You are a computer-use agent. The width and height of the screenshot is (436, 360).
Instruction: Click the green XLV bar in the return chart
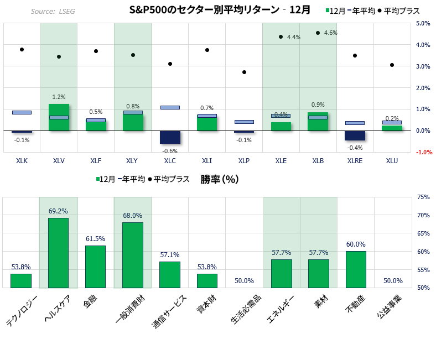(x=59, y=117)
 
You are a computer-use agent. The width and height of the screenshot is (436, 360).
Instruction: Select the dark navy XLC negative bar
(x=170, y=137)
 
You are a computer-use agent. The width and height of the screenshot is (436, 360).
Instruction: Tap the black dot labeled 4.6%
(x=318, y=33)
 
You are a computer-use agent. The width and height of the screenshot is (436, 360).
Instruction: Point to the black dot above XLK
(x=22, y=49)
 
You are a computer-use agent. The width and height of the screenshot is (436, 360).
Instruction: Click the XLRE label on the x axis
(x=355, y=161)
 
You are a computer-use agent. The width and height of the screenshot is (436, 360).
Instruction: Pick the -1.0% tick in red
(x=424, y=152)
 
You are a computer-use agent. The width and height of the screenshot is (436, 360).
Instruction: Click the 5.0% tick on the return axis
(x=423, y=23)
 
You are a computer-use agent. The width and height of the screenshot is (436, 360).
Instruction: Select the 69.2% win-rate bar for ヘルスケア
(x=59, y=253)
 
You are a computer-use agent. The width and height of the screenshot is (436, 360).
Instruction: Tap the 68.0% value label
(x=133, y=216)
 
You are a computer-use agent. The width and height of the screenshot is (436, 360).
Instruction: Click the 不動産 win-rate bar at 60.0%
(x=356, y=270)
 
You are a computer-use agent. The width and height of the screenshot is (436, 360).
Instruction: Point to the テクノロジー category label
(x=22, y=311)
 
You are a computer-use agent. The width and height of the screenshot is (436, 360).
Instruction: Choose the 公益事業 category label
(x=390, y=306)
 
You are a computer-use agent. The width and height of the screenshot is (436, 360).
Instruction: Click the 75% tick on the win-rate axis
(x=423, y=197)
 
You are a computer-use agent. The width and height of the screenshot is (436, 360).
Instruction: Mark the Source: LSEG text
(x=53, y=12)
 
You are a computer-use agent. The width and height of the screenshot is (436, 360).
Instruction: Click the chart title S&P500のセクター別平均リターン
(x=204, y=10)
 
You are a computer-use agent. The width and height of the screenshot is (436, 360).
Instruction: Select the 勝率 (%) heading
(x=220, y=179)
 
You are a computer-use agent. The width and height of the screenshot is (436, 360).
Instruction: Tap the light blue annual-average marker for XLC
(x=170, y=107)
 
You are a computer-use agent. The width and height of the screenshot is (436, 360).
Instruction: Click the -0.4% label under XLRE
(x=355, y=148)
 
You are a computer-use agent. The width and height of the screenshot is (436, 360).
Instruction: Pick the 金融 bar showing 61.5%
(x=95, y=267)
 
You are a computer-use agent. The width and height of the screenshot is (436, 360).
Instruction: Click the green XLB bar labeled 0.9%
(x=318, y=122)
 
